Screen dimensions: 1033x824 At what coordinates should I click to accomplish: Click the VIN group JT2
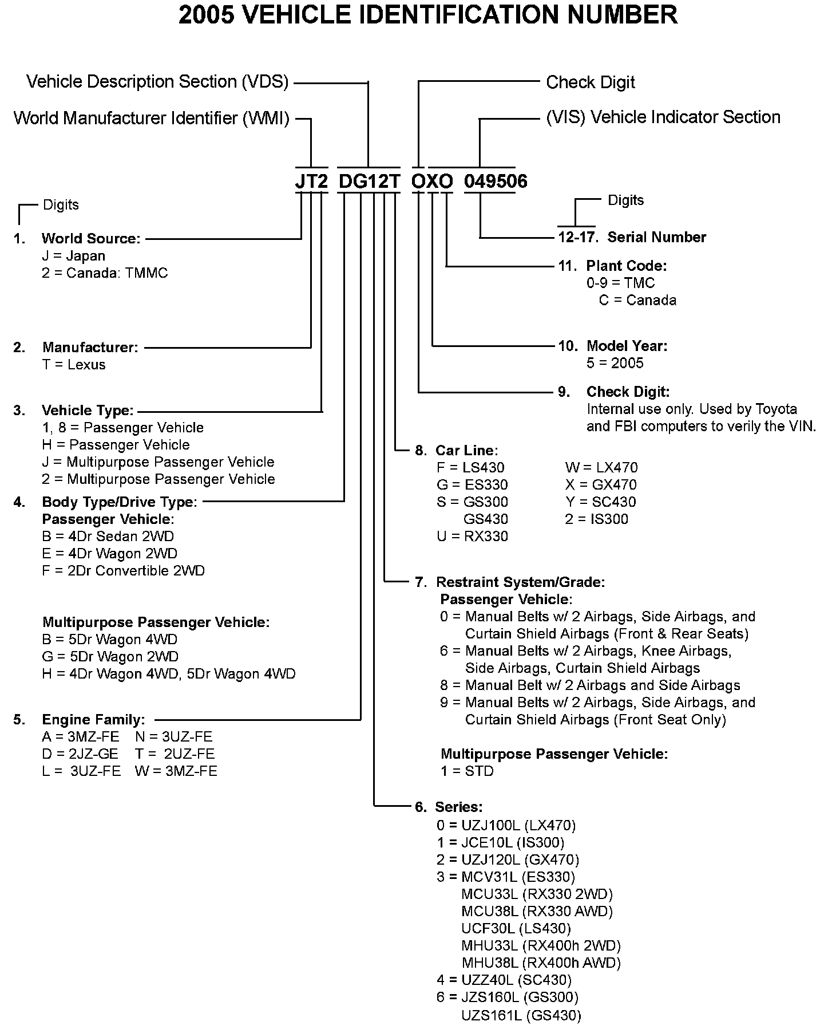(311, 181)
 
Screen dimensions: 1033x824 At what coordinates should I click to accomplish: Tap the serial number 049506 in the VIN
(496, 181)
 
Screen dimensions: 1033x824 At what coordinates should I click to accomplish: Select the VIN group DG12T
(369, 181)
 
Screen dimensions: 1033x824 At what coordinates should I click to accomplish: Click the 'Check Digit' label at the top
(590, 82)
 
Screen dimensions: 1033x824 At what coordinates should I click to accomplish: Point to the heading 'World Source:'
(91, 238)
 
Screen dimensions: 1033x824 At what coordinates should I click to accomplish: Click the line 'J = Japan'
(73, 255)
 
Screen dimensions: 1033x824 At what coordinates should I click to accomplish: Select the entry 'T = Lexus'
(74, 364)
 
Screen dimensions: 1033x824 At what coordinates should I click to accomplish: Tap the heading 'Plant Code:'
(626, 266)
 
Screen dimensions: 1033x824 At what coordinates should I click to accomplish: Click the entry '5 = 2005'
(615, 363)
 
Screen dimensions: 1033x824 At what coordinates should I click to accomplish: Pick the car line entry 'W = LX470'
(601, 467)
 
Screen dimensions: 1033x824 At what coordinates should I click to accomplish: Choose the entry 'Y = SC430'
(600, 502)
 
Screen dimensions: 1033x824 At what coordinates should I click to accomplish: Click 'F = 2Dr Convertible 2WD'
(123, 570)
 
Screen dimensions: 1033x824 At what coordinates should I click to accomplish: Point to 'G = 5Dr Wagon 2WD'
(110, 656)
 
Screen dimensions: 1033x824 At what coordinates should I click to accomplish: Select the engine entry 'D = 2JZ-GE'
(80, 754)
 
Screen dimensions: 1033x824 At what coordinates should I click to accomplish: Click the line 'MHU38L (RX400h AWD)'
(541, 963)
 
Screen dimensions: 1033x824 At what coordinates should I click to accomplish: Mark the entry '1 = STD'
(467, 771)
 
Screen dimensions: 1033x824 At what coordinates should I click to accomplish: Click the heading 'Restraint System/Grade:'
(520, 582)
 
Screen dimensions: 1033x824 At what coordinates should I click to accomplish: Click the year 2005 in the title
(206, 15)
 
